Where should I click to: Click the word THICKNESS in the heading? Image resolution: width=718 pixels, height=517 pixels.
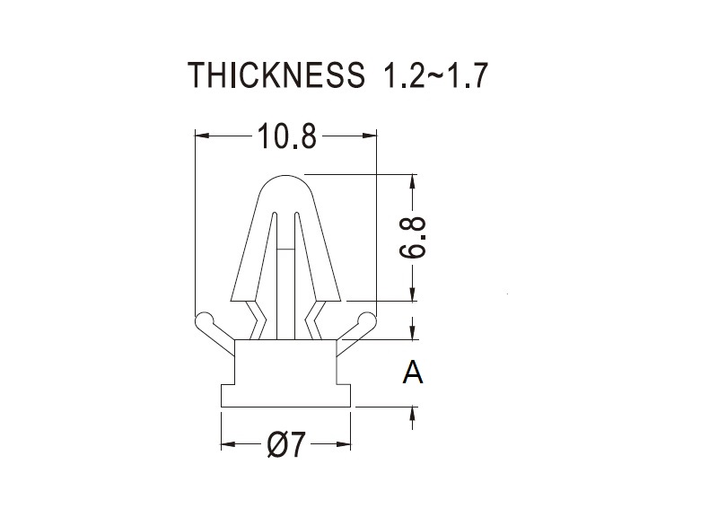276,74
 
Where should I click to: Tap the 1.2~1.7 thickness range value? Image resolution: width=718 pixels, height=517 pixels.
432,74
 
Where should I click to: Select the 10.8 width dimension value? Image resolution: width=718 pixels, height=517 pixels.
287,136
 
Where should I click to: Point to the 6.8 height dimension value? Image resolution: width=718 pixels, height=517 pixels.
414,239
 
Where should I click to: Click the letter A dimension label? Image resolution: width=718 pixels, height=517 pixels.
413,372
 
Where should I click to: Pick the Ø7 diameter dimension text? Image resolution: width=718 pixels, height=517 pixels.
285,444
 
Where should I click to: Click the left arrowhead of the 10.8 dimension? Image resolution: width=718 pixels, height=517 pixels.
202,136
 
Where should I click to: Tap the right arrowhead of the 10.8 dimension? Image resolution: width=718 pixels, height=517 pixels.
369,136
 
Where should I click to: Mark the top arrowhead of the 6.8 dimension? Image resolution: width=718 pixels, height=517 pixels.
413,181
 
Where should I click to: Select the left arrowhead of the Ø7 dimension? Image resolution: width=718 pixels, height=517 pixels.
229,443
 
